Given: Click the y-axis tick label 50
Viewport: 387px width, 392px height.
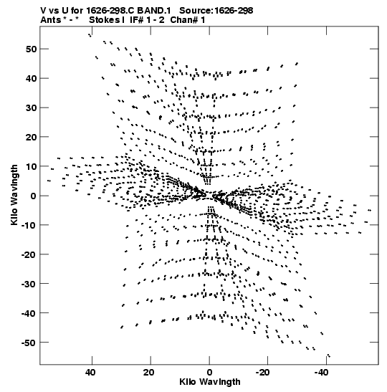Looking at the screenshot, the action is click(31, 49).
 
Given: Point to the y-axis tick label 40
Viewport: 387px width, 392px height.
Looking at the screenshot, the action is click(31, 79).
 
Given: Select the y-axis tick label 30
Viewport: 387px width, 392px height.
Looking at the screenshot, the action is click(31, 107).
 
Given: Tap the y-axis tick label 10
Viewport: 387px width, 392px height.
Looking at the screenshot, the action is click(31, 166).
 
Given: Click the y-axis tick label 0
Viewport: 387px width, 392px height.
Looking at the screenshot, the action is click(34, 196).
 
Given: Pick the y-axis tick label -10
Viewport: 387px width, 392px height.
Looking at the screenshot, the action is click(29, 225).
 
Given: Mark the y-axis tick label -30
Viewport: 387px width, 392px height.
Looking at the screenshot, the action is click(29, 284).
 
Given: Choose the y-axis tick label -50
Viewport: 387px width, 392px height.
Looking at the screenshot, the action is click(29, 343).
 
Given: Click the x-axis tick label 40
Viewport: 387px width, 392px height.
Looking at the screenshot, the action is click(90, 373).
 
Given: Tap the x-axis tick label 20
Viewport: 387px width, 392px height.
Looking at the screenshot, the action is click(149, 373).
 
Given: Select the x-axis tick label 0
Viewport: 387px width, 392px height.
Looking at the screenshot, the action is click(209, 373).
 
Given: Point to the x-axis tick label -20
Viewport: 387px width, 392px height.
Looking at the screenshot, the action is click(262, 373).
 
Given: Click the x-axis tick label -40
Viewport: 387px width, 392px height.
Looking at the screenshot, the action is click(321, 373).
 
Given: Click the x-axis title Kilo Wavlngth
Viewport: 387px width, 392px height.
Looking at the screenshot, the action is click(210, 382).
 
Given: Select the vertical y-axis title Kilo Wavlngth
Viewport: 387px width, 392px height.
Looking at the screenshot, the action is click(14, 195).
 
